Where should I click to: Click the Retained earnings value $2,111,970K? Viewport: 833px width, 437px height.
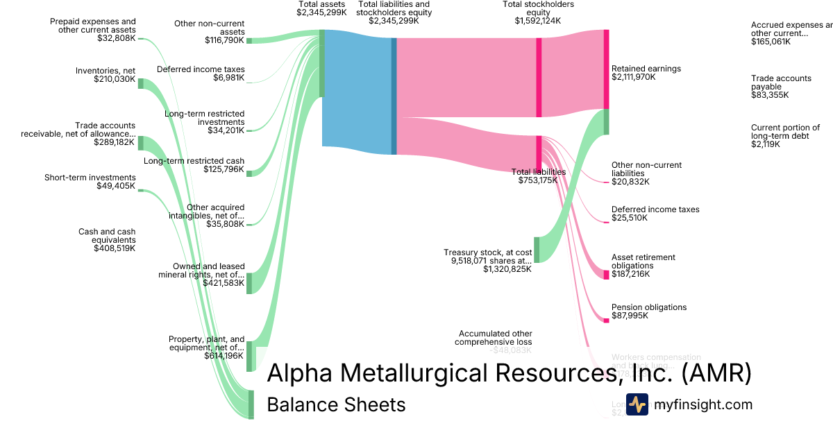[633, 77]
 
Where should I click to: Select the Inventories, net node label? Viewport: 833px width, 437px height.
[106, 70]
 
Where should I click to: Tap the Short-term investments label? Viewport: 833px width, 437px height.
[90, 178]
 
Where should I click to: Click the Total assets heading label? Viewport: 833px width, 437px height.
[321, 5]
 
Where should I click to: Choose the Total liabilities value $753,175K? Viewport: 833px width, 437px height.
[538, 180]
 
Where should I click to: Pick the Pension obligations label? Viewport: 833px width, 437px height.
[648, 307]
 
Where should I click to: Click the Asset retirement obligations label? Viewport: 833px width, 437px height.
[643, 262]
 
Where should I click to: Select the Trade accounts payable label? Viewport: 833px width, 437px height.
[781, 83]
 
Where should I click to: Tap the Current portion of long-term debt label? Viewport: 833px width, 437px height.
[785, 132]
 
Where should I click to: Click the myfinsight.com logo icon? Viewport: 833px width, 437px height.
[637, 404]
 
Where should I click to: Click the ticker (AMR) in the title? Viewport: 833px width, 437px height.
[716, 373]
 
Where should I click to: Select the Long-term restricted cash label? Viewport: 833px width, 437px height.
[194, 161]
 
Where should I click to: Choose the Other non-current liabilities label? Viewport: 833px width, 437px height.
[646, 169]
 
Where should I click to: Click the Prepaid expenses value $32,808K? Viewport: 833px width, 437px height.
[117, 39]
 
